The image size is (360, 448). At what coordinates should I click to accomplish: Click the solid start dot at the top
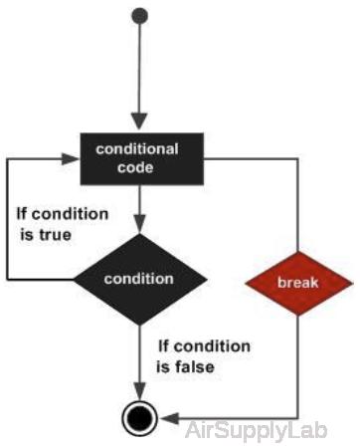click(x=140, y=17)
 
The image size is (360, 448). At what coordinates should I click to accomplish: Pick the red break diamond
click(x=298, y=284)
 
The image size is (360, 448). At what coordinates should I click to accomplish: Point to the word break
click(x=298, y=284)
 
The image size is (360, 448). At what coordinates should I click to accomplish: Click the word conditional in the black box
click(x=137, y=149)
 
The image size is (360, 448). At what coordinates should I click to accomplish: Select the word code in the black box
click(x=137, y=167)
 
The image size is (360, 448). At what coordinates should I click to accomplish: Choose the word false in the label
click(x=196, y=366)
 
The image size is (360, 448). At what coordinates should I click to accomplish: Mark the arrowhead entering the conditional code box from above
click(x=140, y=123)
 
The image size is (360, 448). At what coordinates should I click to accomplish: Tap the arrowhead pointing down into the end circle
click(x=140, y=394)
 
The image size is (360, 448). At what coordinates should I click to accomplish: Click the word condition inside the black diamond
click(x=140, y=278)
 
